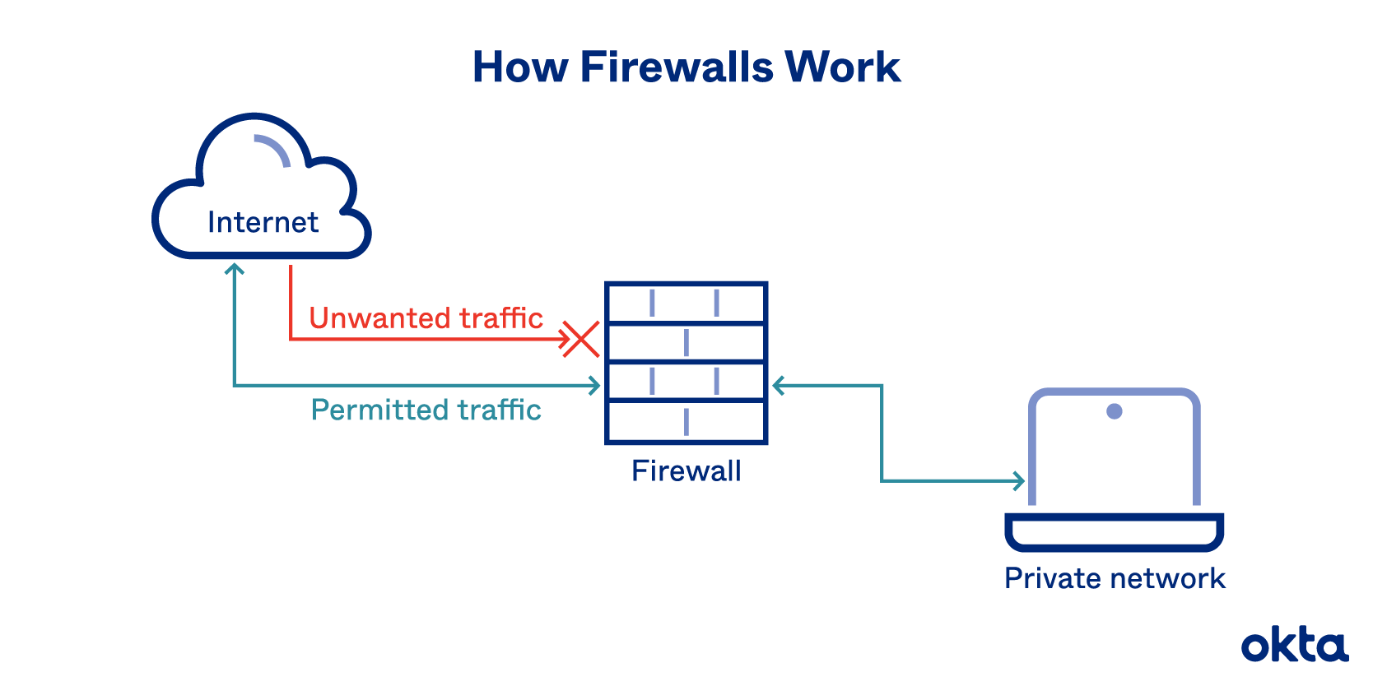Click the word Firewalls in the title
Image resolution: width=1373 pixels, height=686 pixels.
pyautogui.click(x=677, y=67)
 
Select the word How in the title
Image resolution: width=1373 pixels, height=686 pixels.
pyautogui.click(x=519, y=67)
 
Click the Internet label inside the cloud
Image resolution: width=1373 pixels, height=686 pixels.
pyautogui.click(x=263, y=222)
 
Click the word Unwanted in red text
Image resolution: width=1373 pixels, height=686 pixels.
pyautogui.click(x=379, y=318)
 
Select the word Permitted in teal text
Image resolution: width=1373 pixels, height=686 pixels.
pyautogui.click(x=379, y=410)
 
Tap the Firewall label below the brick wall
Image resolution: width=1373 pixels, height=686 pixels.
pyautogui.click(x=686, y=471)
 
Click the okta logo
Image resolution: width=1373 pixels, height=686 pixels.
pyautogui.click(x=1294, y=646)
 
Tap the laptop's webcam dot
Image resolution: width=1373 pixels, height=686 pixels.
pyautogui.click(x=1115, y=411)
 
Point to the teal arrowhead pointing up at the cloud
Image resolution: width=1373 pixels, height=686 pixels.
pyautogui.click(x=235, y=268)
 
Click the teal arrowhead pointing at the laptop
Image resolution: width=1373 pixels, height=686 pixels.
pyautogui.click(x=1020, y=481)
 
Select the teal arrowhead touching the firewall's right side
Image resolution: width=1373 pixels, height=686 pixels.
pyautogui.click(x=778, y=385)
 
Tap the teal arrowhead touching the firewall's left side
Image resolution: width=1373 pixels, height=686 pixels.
pyautogui.click(x=594, y=385)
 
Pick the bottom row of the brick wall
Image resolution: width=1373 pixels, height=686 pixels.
pyautogui.click(x=686, y=422)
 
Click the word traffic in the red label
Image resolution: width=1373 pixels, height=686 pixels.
pyautogui.click(x=501, y=318)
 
